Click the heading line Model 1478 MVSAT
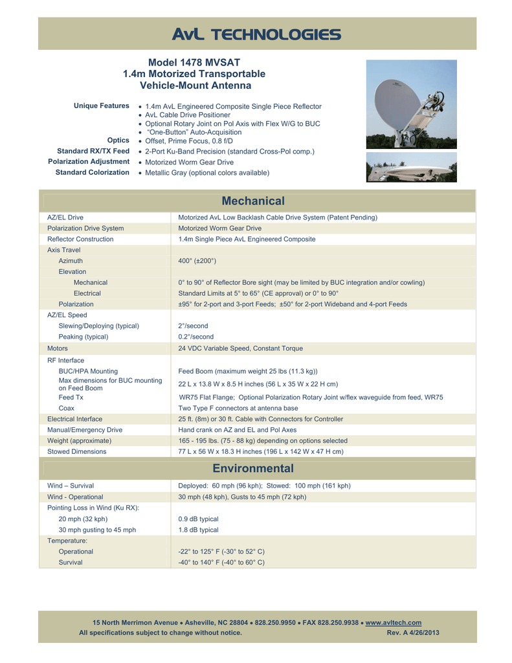(x=194, y=63)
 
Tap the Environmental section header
(x=257, y=468)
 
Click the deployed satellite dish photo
(x=411, y=104)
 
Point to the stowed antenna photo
(x=411, y=167)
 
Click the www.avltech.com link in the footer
(x=394, y=622)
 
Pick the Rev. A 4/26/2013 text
(x=412, y=633)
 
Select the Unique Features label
(x=102, y=106)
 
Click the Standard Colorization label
(x=93, y=172)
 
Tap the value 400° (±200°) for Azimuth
(x=197, y=260)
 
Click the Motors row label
(x=58, y=348)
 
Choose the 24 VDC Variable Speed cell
(x=240, y=348)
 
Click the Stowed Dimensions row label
(x=77, y=451)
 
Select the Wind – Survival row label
(x=71, y=485)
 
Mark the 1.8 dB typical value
(x=198, y=530)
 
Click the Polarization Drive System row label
(x=85, y=229)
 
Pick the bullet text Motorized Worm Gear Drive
(x=190, y=162)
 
